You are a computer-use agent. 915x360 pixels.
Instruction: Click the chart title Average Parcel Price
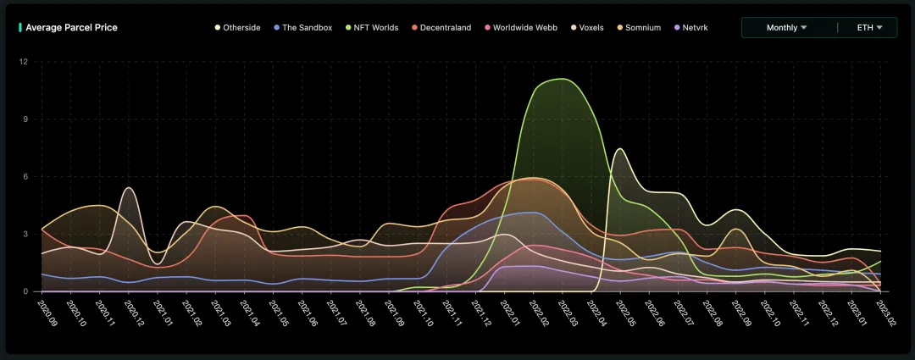[71, 28]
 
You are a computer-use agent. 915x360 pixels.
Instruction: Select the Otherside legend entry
[241, 28]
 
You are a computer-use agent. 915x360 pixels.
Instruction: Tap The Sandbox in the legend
[307, 28]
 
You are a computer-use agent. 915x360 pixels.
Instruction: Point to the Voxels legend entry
[591, 28]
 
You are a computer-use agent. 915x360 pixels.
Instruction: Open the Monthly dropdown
[786, 28]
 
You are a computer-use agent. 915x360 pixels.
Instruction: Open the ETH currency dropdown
[869, 28]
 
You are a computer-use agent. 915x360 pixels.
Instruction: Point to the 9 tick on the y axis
[25, 119]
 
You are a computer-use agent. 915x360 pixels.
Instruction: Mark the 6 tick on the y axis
[25, 177]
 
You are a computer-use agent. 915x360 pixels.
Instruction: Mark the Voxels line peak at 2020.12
[129, 187]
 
